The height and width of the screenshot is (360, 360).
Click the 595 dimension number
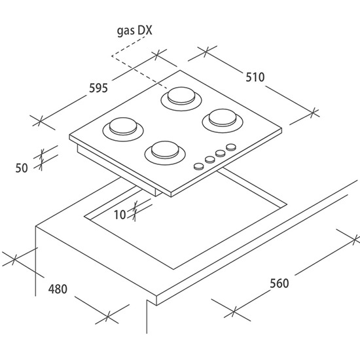pyautogui.click(x=98, y=88)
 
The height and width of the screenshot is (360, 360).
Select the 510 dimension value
pyautogui.click(x=255, y=77)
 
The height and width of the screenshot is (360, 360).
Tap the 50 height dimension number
pyautogui.click(x=22, y=168)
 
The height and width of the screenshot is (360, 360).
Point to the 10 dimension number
pyautogui.click(x=120, y=215)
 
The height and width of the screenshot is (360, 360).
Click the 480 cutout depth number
pyautogui.click(x=58, y=289)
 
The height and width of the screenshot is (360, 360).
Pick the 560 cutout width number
pyautogui.click(x=279, y=283)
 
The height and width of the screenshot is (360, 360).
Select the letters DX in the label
pyautogui.click(x=145, y=30)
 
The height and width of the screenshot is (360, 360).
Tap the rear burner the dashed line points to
pyautogui.click(x=181, y=98)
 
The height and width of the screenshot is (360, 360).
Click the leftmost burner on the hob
pyautogui.click(x=123, y=130)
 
